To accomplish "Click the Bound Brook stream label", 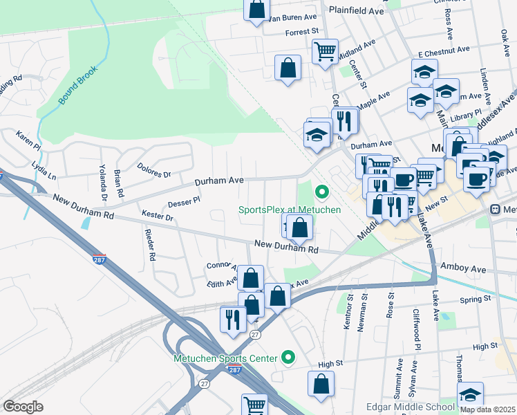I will click(x=79, y=86).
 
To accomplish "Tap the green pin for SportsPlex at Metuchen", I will click(x=321, y=192).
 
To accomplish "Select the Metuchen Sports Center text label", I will click(x=225, y=358).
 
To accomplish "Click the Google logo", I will click(x=23, y=407).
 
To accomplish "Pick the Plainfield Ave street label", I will click(x=357, y=11).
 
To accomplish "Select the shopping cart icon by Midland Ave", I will click(x=324, y=50).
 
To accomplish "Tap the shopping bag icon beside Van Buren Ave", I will click(x=256, y=10).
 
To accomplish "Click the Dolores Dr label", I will click(x=153, y=169).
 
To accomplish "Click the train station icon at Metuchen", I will click(x=496, y=210).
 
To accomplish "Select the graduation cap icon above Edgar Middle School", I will click(x=471, y=394).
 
